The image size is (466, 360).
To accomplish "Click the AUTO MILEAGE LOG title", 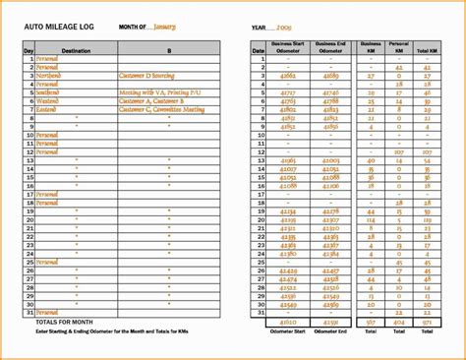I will point(58,27).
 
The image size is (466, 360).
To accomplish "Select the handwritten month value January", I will point(165,27).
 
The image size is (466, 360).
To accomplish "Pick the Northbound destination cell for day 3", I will point(48,75).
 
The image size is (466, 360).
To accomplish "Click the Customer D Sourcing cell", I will point(150,75).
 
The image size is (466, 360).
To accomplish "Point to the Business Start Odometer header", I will point(289,46).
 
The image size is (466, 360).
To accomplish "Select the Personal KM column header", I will point(398,46).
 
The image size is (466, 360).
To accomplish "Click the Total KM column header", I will point(426,46).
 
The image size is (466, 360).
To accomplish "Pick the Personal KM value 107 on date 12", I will point(398,152).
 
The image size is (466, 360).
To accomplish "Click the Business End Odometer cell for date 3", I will point(330,75).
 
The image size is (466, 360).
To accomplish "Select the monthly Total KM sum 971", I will point(426,322).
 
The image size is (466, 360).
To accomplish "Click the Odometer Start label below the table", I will point(289,331).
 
